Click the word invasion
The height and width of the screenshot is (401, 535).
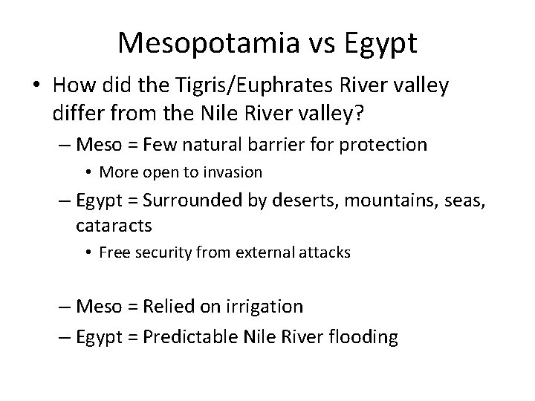pos(233,172)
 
